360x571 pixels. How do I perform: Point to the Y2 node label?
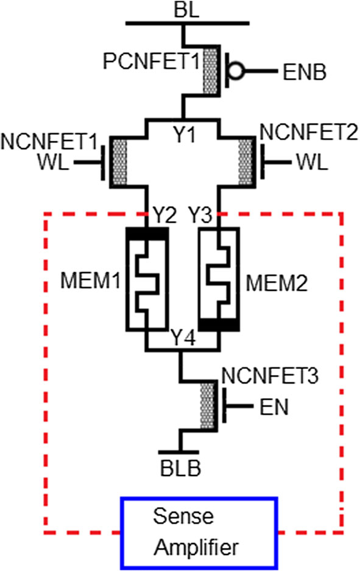164,215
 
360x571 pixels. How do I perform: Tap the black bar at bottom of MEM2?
218,325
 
